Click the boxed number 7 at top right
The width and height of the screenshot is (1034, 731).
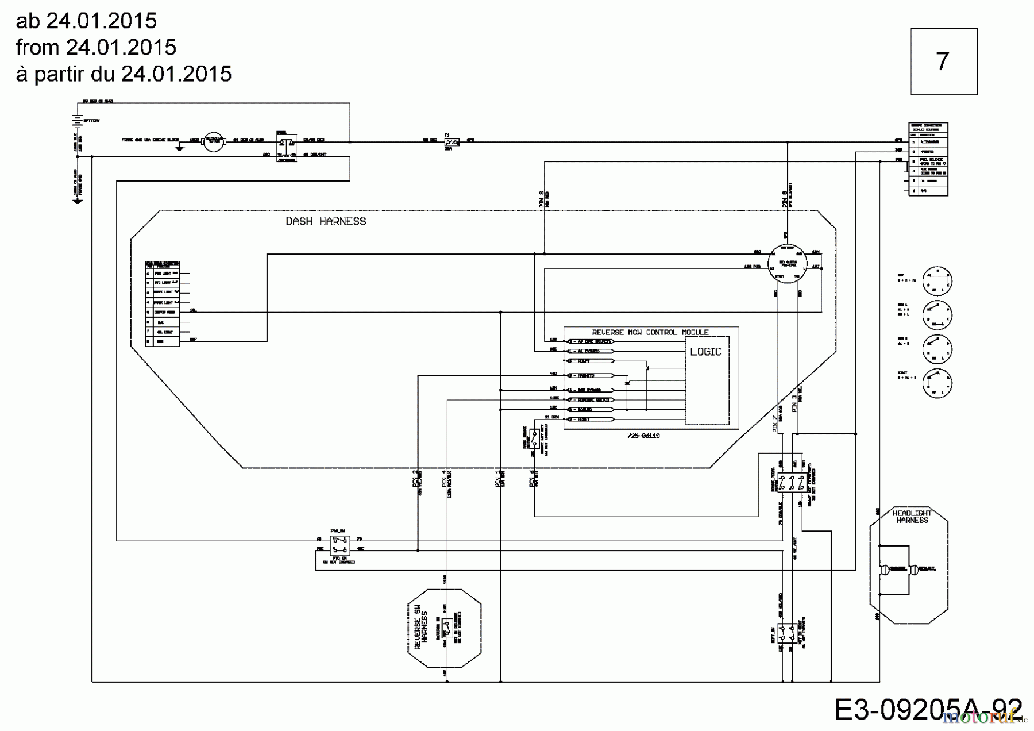click(x=943, y=61)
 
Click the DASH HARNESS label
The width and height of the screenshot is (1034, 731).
click(x=326, y=221)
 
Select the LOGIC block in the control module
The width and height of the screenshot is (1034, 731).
click(x=705, y=352)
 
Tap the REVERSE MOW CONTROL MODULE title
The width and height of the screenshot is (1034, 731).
click(x=650, y=332)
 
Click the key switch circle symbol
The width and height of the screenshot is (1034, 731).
click(x=788, y=264)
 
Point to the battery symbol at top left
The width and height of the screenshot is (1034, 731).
click(x=76, y=120)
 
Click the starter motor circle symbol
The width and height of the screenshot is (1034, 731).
click(x=214, y=141)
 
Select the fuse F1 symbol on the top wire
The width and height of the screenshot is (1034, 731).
click(x=452, y=141)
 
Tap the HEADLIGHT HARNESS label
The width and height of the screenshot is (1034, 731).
click(x=912, y=516)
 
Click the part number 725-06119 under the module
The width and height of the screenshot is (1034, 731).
click(x=643, y=436)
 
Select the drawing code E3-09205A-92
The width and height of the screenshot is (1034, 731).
click(x=927, y=710)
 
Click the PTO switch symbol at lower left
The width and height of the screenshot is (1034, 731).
click(x=340, y=543)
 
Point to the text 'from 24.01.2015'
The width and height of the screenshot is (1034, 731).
click(x=96, y=47)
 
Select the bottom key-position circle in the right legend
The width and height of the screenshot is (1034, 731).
click(x=937, y=382)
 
